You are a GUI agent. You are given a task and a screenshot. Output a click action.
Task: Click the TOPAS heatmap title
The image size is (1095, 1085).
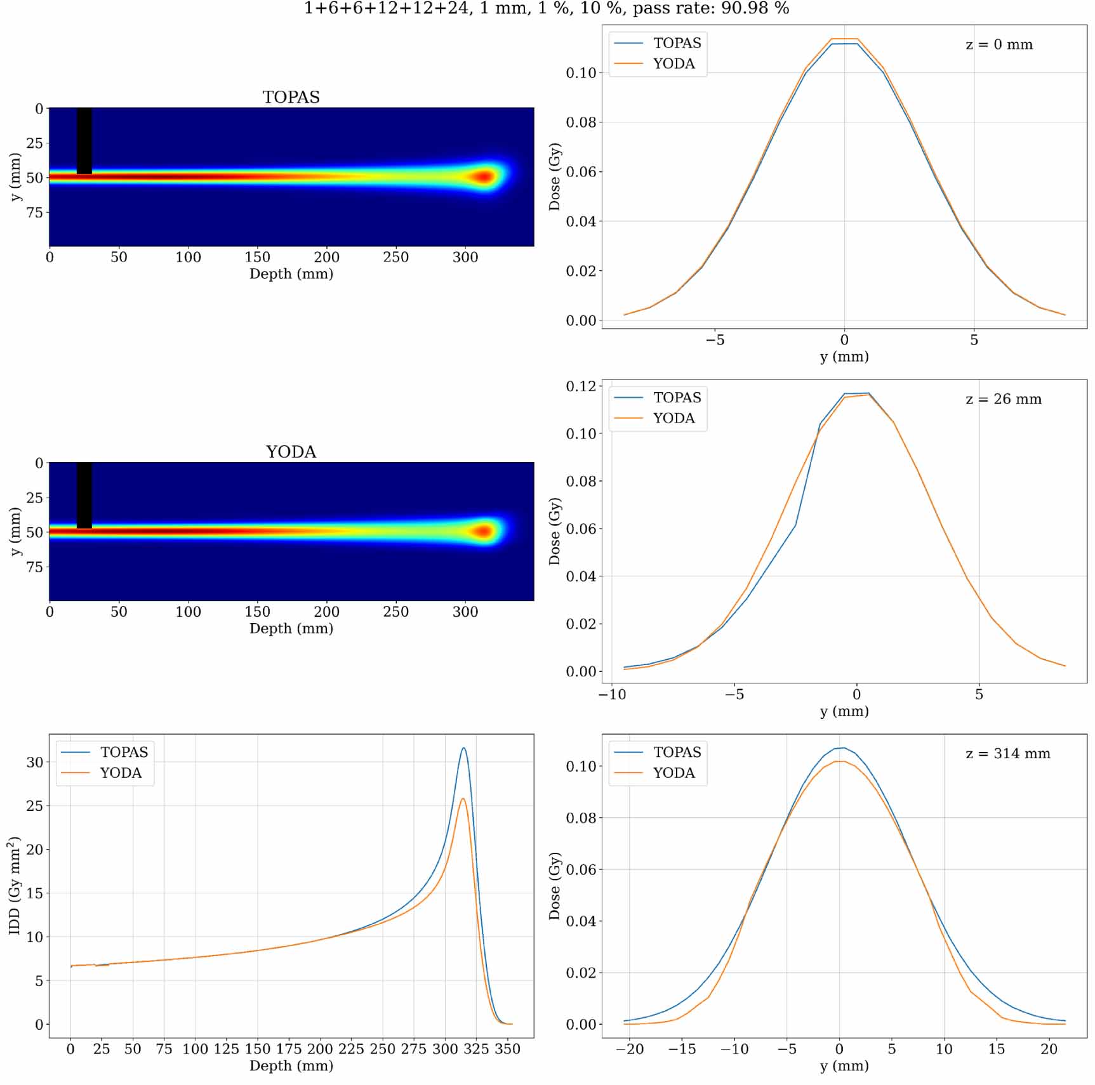(291, 97)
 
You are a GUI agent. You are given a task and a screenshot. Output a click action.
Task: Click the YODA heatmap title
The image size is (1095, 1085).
(291, 452)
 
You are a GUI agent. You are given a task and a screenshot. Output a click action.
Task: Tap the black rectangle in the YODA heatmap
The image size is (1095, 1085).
(84, 495)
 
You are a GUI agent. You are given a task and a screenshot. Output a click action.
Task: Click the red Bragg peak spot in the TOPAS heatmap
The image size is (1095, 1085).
(484, 177)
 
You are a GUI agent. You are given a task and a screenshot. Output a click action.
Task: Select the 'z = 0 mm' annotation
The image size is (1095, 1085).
(999, 45)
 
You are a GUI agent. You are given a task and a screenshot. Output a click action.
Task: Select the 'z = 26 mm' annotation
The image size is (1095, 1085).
(1003, 400)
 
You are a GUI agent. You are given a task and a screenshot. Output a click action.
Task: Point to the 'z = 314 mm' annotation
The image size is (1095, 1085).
(1007, 754)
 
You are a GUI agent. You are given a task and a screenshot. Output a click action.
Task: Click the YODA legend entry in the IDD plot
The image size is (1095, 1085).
(121, 773)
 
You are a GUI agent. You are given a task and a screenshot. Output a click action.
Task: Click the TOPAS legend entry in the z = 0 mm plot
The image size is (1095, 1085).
(677, 43)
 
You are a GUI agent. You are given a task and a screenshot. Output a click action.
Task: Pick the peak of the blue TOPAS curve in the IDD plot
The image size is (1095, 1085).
(464, 748)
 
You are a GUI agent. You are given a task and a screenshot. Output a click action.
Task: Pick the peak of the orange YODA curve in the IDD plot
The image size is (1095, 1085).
(463, 799)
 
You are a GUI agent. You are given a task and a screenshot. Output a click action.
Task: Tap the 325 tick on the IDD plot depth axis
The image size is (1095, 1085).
(476, 1049)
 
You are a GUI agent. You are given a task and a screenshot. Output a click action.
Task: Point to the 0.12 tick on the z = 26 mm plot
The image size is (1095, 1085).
(581, 386)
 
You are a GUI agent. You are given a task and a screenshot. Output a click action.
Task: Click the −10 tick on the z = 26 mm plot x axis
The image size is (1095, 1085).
(612, 694)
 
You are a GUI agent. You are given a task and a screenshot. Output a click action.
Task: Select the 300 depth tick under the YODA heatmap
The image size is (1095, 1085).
(465, 612)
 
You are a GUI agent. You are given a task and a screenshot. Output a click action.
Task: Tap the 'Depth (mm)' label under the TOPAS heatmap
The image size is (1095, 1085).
(291, 273)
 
